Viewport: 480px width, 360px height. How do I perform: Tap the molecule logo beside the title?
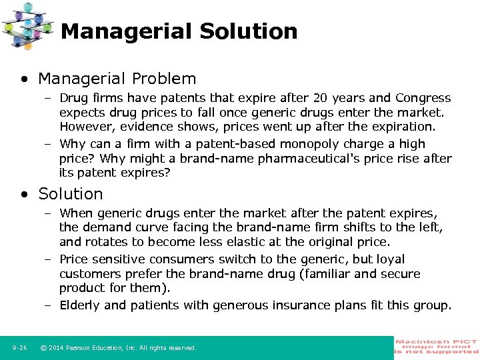coord(28,25)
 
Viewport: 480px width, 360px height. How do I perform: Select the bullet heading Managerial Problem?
coord(117,79)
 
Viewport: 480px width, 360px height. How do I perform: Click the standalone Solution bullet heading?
coord(71,194)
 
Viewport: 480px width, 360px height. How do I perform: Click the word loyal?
coord(389,259)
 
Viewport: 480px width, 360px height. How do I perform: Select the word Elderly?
coord(81,305)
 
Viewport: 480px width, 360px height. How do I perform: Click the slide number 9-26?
coord(19,348)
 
